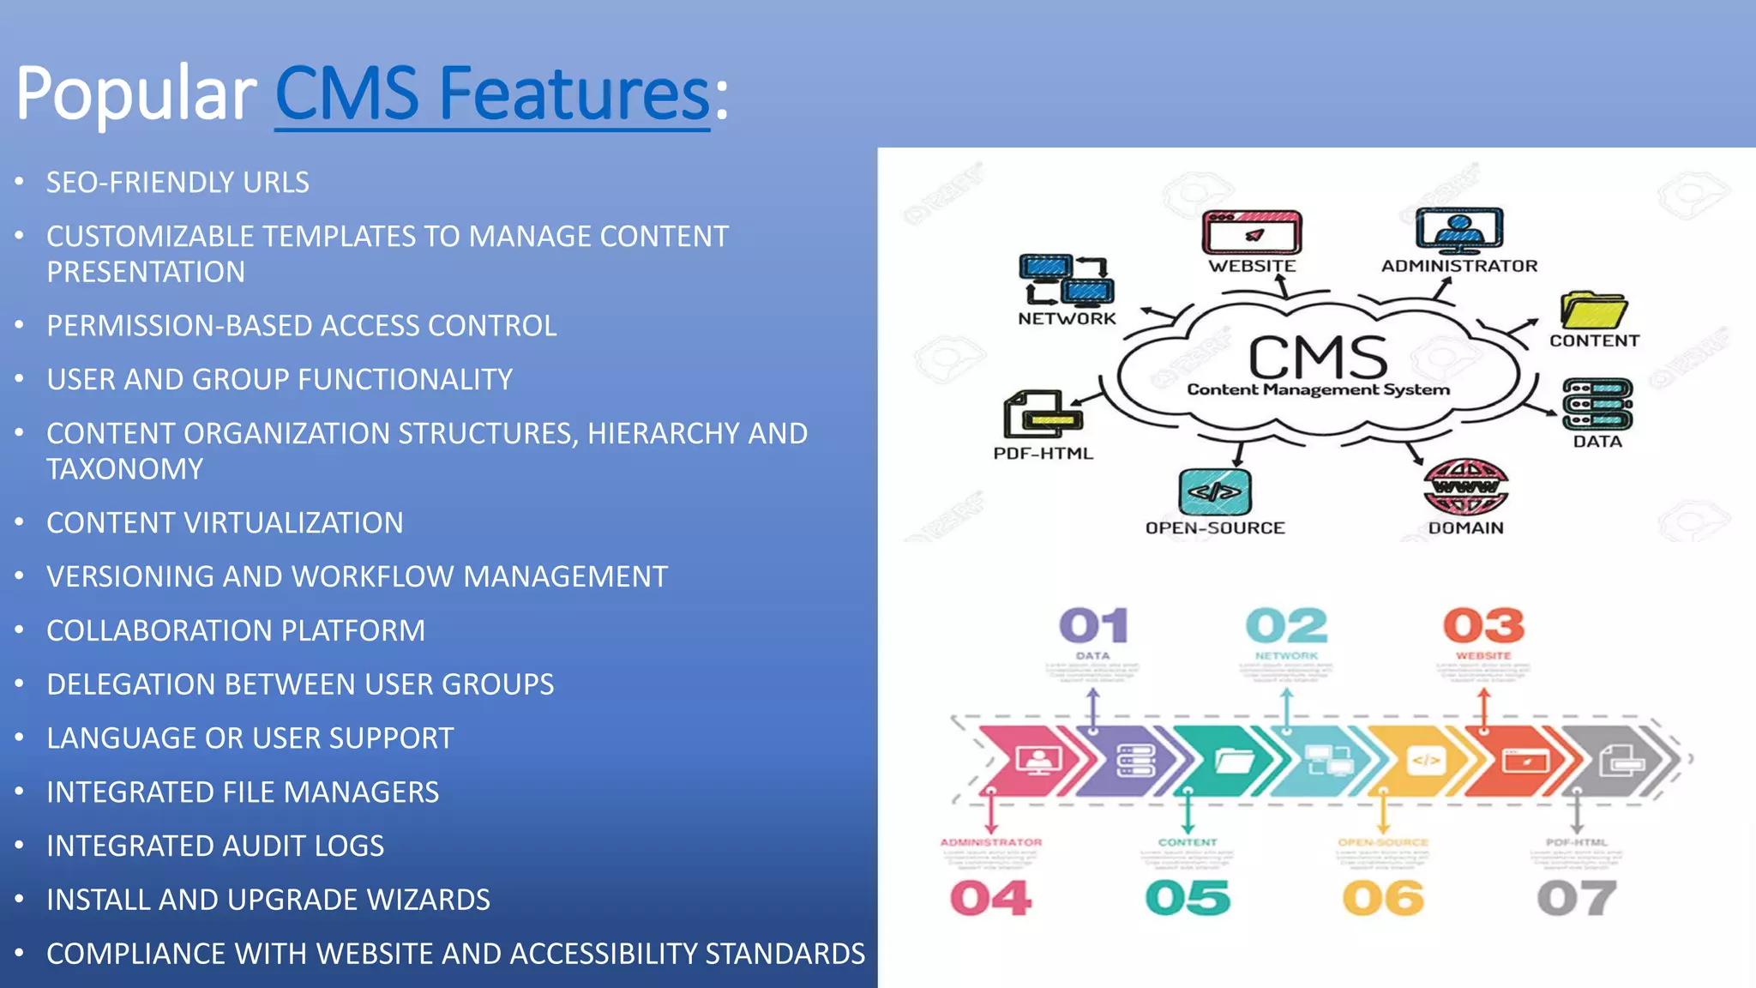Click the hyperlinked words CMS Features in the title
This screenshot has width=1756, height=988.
491,94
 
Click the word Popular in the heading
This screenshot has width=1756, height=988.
135,94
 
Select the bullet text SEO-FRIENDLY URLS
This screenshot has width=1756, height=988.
177,183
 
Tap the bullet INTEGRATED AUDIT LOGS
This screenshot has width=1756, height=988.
215,846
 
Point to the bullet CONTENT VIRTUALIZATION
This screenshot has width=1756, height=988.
225,523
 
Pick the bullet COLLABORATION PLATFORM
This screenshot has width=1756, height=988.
236,631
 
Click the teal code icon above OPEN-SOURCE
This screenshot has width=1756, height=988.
1215,492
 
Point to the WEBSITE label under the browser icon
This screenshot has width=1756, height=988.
1252,267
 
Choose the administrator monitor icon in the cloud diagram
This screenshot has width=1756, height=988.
1458,230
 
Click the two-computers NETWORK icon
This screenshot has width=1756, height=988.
1066,280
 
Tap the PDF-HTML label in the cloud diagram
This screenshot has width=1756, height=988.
1043,454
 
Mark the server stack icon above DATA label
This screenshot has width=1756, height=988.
1597,405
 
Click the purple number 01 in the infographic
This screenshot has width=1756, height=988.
1093,626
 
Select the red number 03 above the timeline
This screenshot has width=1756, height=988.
1483,626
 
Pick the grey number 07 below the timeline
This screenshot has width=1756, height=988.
1576,899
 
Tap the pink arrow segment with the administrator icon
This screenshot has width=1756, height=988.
1033,760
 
